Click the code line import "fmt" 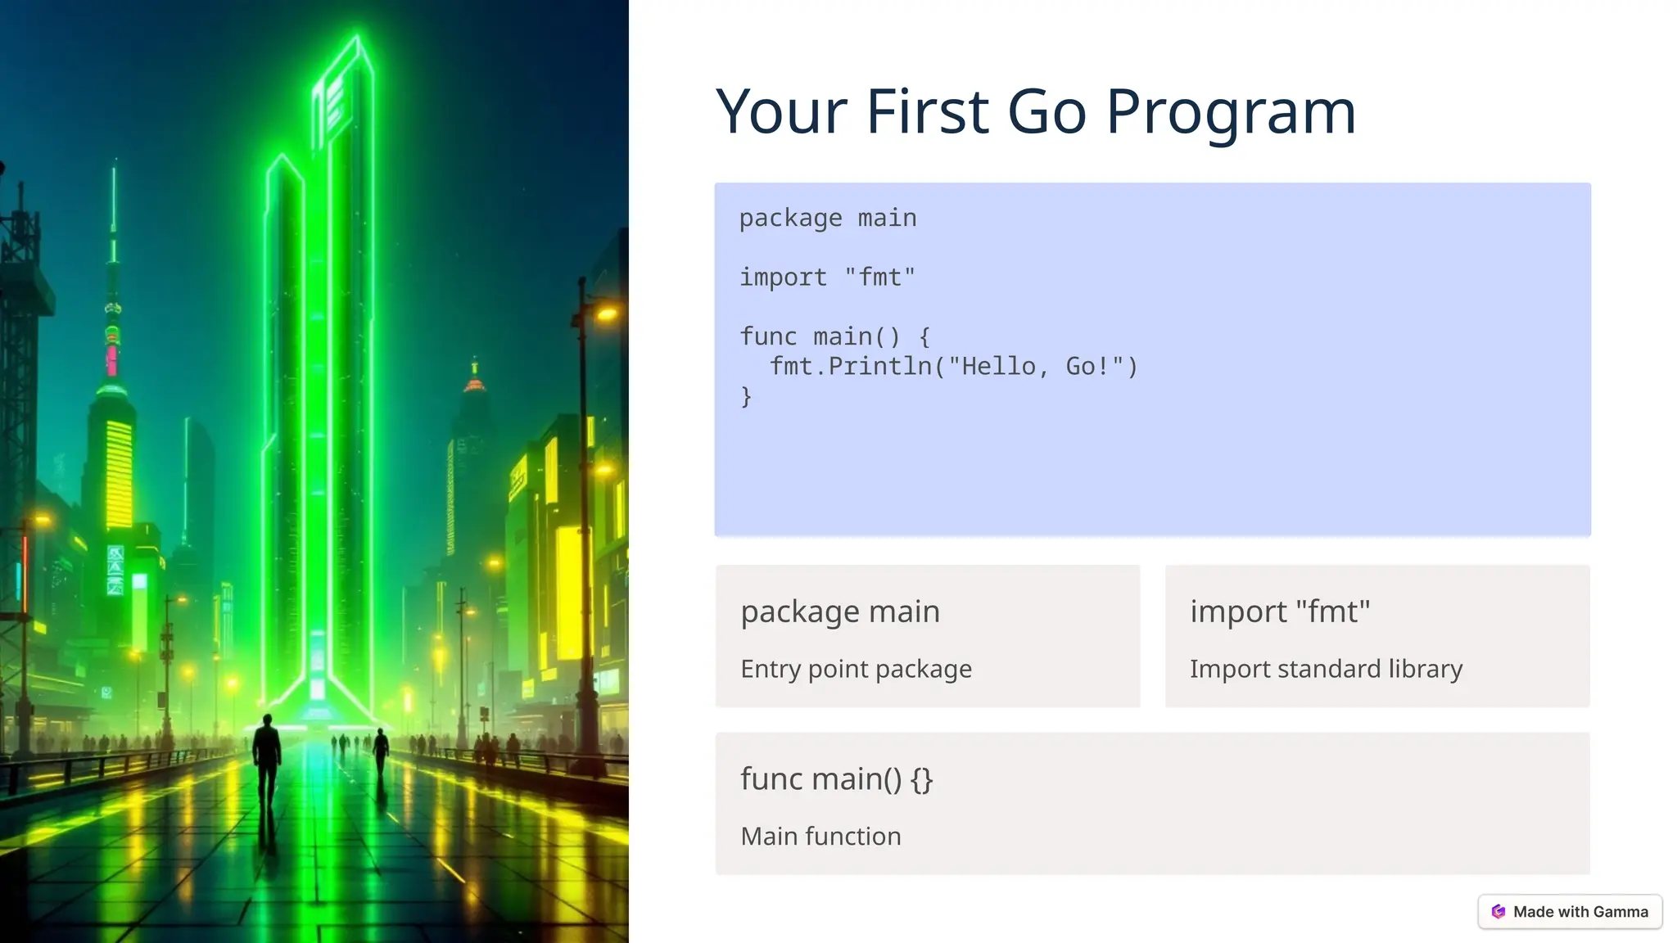coord(827,277)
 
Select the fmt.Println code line coord(953,366)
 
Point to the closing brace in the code coord(746,397)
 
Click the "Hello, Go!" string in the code coord(1036,366)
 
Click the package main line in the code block coord(827,219)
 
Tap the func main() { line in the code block coord(834,336)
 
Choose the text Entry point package coord(856,669)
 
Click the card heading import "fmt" coord(1279,611)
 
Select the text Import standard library coord(1325,669)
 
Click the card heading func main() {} coord(836,778)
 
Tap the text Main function coord(820,836)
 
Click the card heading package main coord(839,611)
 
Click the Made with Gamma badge coord(1570,911)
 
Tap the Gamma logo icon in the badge coord(1498,912)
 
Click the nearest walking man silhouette coord(266,757)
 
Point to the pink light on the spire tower coord(112,358)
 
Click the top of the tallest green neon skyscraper coord(358,41)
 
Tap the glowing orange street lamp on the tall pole coord(607,313)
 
